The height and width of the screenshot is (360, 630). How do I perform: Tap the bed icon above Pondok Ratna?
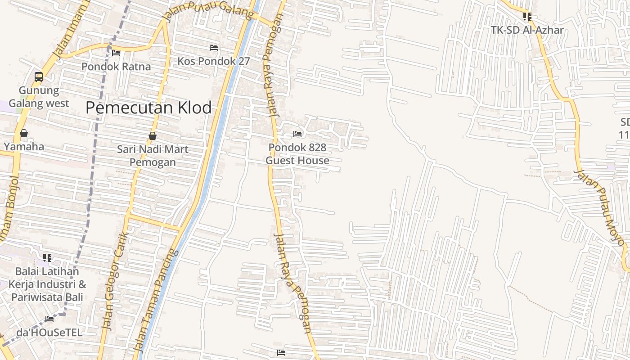click(x=116, y=53)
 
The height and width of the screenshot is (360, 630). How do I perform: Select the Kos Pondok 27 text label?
click(x=213, y=61)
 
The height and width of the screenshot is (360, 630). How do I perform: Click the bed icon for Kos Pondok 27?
click(x=214, y=48)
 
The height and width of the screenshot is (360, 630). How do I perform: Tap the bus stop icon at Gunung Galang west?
click(x=39, y=77)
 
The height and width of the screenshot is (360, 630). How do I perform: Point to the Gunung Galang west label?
click(x=39, y=97)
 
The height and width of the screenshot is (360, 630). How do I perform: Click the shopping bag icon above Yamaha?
click(x=24, y=133)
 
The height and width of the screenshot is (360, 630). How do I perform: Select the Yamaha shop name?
click(x=24, y=147)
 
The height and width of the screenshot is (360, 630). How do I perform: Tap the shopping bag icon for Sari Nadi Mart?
click(x=153, y=136)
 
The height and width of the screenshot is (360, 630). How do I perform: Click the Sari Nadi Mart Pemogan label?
click(x=153, y=156)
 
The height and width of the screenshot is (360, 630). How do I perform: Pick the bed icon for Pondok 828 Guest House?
click(x=297, y=134)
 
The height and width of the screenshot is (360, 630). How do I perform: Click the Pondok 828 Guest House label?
click(x=297, y=154)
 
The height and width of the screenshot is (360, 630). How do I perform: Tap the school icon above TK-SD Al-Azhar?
click(x=527, y=17)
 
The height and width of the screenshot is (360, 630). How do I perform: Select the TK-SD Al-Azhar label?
click(x=527, y=30)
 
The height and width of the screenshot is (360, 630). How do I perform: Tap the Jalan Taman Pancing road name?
click(x=156, y=301)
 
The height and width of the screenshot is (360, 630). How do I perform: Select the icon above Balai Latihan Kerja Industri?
click(x=47, y=258)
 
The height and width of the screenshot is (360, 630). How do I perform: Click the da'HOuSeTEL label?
click(x=49, y=333)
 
